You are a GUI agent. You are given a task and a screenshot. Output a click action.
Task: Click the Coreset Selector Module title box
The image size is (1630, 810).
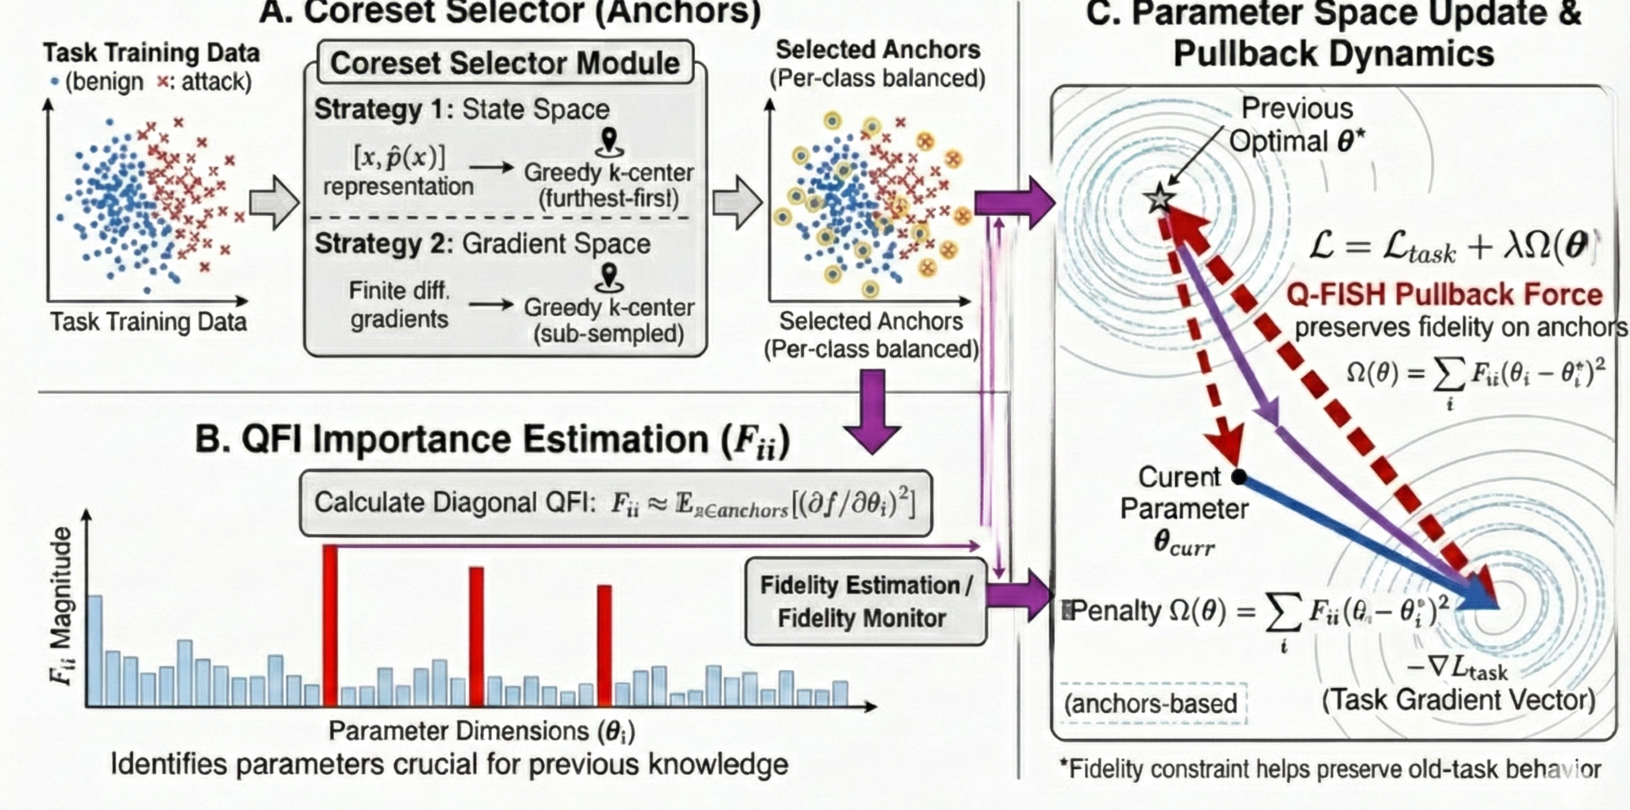tap(504, 62)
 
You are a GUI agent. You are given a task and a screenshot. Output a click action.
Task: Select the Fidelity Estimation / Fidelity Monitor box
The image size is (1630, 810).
tap(865, 601)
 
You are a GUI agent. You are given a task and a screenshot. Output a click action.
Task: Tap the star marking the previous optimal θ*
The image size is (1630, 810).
tap(1160, 199)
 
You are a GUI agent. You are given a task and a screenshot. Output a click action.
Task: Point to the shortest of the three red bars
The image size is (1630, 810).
tap(604, 645)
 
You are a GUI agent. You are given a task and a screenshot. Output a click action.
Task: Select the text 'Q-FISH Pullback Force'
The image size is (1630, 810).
tap(1445, 295)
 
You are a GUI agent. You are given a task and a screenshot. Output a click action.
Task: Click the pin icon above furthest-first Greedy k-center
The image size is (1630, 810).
tap(610, 142)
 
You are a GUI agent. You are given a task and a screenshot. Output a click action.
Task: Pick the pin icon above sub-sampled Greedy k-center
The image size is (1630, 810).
tap(610, 277)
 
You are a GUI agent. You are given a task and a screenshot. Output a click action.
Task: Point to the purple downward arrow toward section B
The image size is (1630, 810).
tap(873, 411)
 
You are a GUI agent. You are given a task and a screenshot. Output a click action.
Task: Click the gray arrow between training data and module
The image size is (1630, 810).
tap(274, 202)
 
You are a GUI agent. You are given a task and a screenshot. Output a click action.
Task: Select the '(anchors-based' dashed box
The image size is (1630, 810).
tap(1152, 703)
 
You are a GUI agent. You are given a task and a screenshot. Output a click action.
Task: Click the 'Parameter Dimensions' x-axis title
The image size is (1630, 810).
tap(481, 731)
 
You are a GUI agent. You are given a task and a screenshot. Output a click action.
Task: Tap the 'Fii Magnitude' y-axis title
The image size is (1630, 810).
tap(61, 607)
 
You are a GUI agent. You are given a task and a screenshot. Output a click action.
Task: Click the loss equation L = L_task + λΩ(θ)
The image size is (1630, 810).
tap(1449, 247)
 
